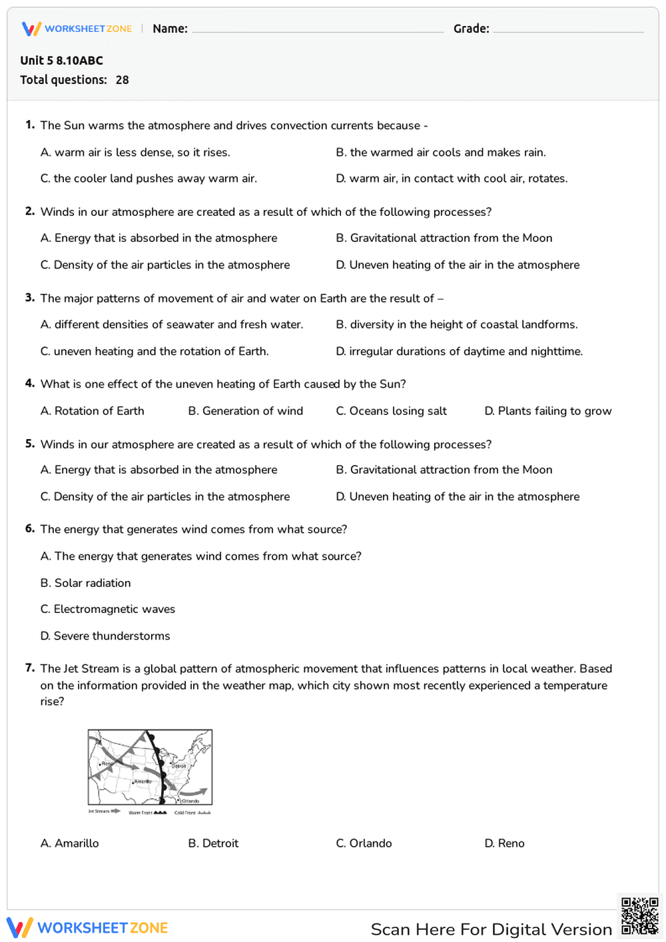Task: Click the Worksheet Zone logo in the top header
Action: click(77, 29)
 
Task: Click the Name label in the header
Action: click(170, 29)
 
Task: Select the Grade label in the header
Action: click(471, 29)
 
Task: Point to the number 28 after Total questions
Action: click(122, 80)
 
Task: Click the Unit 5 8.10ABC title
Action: click(61, 61)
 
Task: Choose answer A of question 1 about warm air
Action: click(135, 153)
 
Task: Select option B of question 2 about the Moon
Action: click(444, 238)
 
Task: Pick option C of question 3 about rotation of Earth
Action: click(155, 352)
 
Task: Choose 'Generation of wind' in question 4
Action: click(245, 411)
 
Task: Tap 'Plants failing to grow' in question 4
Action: click(547, 411)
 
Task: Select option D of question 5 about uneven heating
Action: click(458, 497)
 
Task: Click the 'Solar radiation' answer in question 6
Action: click(85, 583)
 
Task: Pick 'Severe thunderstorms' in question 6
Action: click(105, 636)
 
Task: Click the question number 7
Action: click(29, 668)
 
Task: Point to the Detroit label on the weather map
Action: click(178, 766)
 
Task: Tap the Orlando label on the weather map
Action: click(190, 801)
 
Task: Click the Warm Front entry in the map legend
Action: click(147, 813)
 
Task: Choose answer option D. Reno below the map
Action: click(504, 843)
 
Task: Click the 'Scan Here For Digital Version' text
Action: click(491, 929)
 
